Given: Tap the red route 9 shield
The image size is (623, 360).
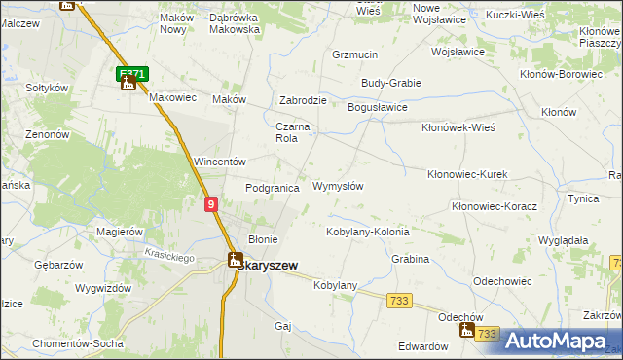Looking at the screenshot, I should [211, 204].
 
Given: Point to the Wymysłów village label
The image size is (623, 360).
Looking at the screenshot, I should [338, 186].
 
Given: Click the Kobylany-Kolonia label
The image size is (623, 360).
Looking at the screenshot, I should [367, 232].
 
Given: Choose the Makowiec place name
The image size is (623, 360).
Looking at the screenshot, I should [173, 97].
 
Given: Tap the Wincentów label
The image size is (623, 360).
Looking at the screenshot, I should [218, 161].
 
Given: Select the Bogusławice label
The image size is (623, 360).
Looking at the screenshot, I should [378, 107].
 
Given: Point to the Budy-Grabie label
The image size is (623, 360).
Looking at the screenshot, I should [390, 83].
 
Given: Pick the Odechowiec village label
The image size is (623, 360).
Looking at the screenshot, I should [502, 280].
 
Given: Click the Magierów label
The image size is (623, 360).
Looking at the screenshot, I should [121, 232].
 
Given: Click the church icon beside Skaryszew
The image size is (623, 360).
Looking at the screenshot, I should [235, 259].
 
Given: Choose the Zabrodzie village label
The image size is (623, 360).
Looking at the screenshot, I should [303, 99].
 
